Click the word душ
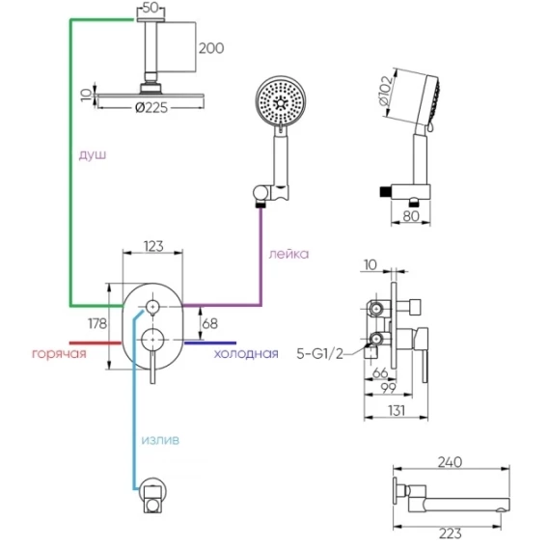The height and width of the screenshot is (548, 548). coord(93,154)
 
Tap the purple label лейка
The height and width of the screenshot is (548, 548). coord(288,254)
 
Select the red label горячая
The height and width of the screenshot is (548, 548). coord(59,354)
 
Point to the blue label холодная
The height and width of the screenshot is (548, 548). coord(246,354)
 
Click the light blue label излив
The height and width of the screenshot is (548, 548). coord(160,440)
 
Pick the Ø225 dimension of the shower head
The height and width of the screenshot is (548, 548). coord(151,108)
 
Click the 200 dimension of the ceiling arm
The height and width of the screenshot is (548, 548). coord(211,48)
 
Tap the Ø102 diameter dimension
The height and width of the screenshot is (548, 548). coord(386,91)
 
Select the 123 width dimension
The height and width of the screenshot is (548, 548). coord(153,246)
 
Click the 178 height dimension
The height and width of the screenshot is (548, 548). coord(97,323)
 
